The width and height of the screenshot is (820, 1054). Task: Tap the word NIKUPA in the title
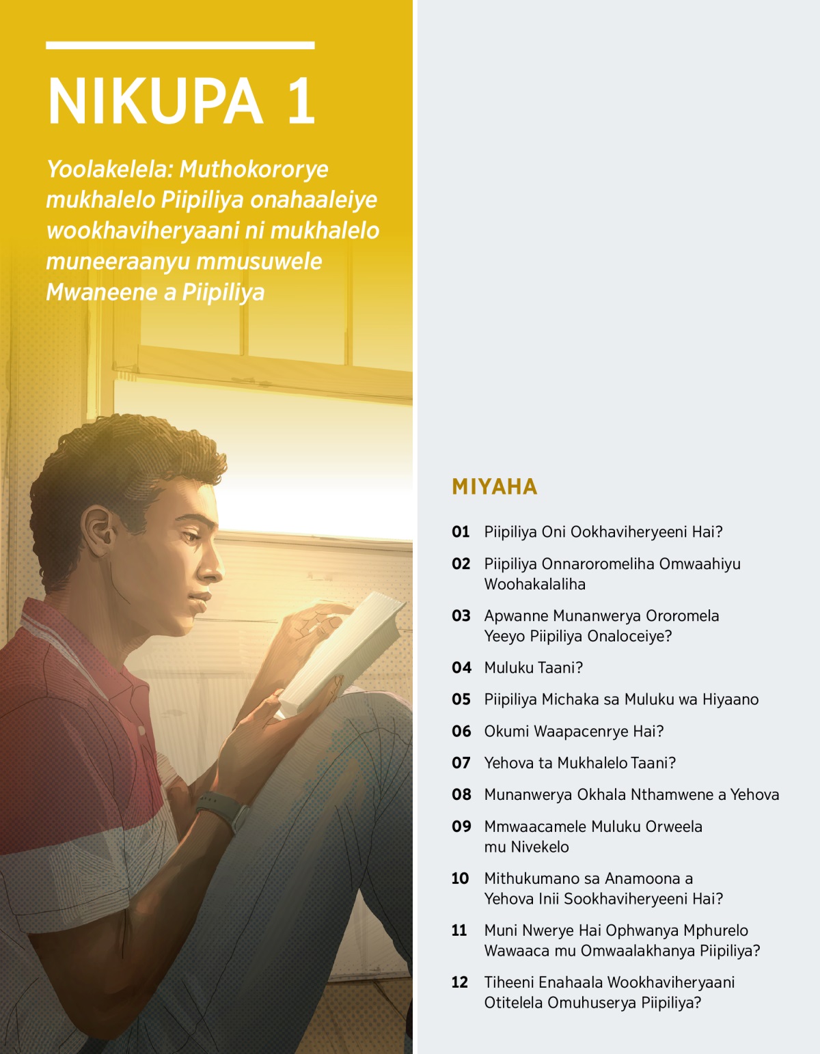pos(155,101)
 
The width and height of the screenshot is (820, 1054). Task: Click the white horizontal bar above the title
pos(180,45)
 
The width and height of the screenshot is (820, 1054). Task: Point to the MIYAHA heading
pos(495,486)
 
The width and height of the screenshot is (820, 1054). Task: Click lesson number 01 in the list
pos(461,532)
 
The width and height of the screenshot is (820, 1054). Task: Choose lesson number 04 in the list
pos(461,668)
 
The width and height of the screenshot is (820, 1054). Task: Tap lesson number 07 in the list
pos(461,763)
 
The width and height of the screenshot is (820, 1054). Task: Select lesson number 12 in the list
pos(460,982)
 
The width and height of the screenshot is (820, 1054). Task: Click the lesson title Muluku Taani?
pos(533,668)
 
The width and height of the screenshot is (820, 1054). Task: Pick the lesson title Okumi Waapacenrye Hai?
pos(573,732)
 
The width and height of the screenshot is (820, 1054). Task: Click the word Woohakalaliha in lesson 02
pos(534,585)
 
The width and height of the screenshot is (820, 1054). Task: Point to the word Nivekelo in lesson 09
pos(539,847)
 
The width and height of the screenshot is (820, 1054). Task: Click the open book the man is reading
pos(345,652)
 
